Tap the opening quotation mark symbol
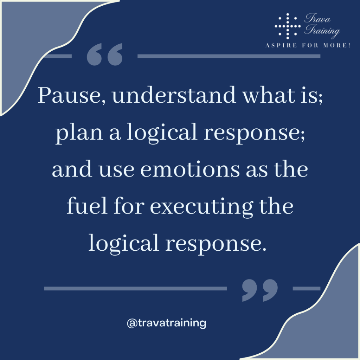(104, 55)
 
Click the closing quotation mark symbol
(260, 290)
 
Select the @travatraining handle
(166, 323)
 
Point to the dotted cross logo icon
(288, 25)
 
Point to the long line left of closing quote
(135, 289)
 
